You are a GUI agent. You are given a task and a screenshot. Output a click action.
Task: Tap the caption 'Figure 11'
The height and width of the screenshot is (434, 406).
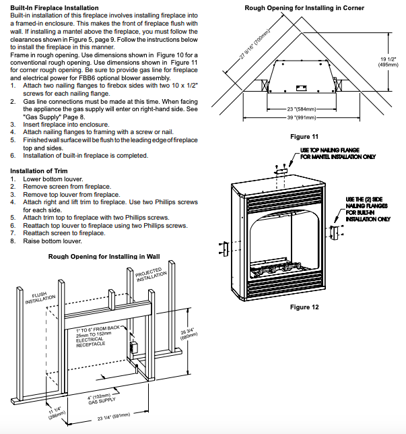(304, 137)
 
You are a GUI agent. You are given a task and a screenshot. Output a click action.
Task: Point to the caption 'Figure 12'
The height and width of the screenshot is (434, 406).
(304, 307)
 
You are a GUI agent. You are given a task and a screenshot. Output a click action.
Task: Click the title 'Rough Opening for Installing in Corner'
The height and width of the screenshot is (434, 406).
(304, 8)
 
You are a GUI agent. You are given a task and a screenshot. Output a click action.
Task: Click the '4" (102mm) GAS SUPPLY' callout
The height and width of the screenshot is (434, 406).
(99, 398)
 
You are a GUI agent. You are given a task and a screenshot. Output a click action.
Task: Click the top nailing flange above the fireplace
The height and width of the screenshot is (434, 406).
(282, 173)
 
